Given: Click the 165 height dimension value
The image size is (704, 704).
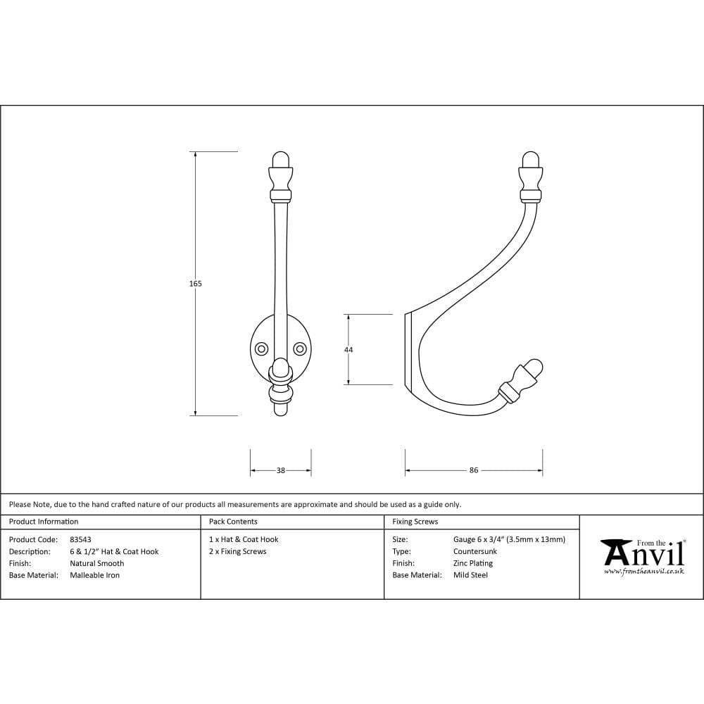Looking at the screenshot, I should tap(195, 284).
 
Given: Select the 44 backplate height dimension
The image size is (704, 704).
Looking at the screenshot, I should tap(348, 350).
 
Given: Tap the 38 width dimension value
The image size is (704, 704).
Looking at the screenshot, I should tap(280, 470).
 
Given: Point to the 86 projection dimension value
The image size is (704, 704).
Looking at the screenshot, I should tap(474, 470).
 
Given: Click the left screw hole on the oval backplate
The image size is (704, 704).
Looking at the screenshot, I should tap(261, 348).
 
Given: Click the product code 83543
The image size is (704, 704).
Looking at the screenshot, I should tap(80, 539).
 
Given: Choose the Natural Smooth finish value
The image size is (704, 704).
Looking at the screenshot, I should tap(96, 563).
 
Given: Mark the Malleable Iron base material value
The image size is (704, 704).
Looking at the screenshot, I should tap(94, 575).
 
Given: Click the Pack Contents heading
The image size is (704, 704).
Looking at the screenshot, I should tap(233, 522).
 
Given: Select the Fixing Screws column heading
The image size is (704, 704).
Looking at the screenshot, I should tap(415, 522).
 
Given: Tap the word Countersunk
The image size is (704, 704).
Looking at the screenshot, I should tap(474, 551).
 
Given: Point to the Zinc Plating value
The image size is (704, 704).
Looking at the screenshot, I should tap(472, 563).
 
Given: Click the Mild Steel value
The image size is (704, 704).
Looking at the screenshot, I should tap(470, 575).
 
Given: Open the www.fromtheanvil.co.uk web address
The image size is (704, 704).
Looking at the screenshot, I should tap(643, 571).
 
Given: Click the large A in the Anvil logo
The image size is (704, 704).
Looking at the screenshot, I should tap(614, 552).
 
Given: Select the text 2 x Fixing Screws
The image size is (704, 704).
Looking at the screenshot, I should tap(237, 551).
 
